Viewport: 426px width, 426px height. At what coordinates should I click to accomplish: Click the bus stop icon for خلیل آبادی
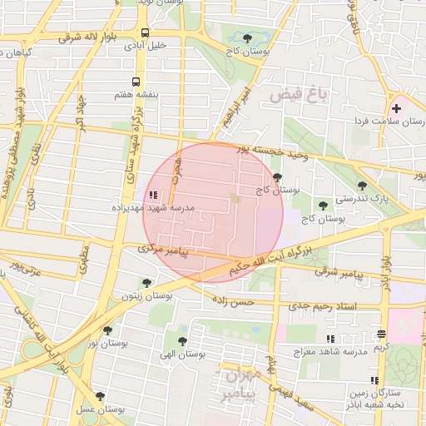pyautogui.click(x=146, y=33)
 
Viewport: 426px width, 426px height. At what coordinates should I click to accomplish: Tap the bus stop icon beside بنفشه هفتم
pyautogui.click(x=136, y=82)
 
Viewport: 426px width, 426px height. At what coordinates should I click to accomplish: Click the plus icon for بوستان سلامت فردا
pyautogui.click(x=396, y=107)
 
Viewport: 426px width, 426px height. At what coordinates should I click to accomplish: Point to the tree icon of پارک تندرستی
pyautogui.click(x=360, y=186)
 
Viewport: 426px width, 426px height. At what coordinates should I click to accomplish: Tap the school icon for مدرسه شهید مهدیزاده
pyautogui.click(x=151, y=196)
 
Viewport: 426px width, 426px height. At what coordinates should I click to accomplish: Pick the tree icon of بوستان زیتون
pyautogui.click(x=146, y=283)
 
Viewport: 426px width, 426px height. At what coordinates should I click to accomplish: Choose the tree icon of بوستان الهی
pyautogui.click(x=182, y=341)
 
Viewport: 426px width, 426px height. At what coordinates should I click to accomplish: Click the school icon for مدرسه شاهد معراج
pyautogui.click(x=330, y=339)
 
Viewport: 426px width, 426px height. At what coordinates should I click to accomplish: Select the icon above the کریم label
pyautogui.click(x=382, y=334)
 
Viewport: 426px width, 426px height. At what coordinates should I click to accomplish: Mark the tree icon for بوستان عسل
pyautogui.click(x=100, y=397)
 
